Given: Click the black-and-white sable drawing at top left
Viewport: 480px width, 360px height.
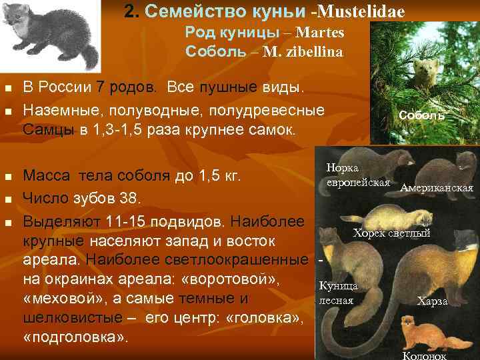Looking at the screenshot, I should pyautogui.click(x=51, y=33).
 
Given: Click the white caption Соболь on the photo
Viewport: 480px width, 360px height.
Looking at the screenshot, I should pyautogui.click(x=421, y=115).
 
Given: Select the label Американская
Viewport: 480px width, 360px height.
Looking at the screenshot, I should pyautogui.click(x=437, y=189).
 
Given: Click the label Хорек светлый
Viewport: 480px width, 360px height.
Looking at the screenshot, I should pyautogui.click(x=391, y=233).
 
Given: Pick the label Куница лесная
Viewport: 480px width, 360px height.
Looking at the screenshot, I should pyautogui.click(x=339, y=293).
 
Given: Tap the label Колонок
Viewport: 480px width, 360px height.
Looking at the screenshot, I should pyautogui.click(x=425, y=355).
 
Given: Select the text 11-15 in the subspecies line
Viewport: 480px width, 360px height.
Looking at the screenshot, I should pyautogui.click(x=119, y=220).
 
